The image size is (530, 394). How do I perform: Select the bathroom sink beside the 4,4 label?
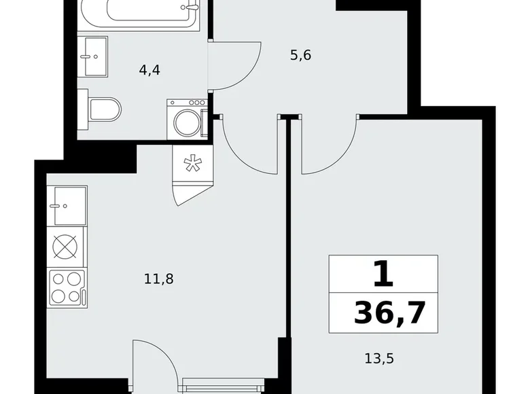pos(94,57)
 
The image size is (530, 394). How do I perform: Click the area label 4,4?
pos(149,69)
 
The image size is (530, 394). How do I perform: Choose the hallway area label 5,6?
pos(300,56)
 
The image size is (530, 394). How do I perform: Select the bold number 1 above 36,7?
pos(383,274)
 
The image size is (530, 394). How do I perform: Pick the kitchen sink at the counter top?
pos(67,205)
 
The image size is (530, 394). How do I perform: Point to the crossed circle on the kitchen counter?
pos(65,247)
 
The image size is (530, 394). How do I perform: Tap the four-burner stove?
pos(66,287)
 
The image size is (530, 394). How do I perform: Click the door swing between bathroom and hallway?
pos(234,65)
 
